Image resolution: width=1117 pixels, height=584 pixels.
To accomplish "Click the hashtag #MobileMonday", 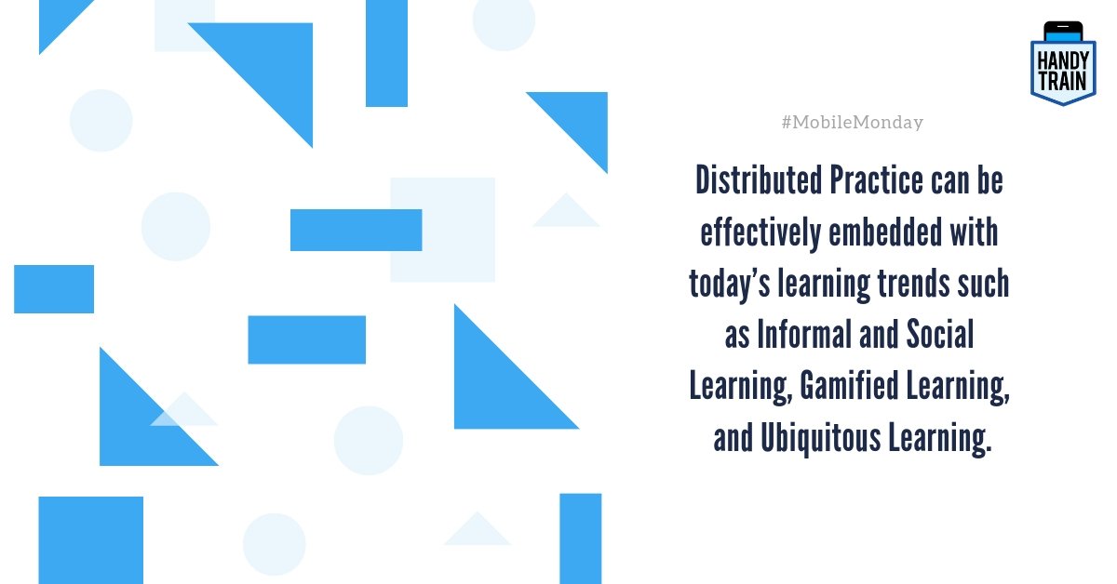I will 853,123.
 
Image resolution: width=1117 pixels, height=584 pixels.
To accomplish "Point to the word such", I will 983,285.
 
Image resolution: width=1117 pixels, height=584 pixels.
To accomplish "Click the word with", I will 973,232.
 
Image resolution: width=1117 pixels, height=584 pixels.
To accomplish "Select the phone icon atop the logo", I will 1063,32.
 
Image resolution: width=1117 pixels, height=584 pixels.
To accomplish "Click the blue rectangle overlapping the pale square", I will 356,230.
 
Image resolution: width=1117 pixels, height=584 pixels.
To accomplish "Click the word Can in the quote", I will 949,181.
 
